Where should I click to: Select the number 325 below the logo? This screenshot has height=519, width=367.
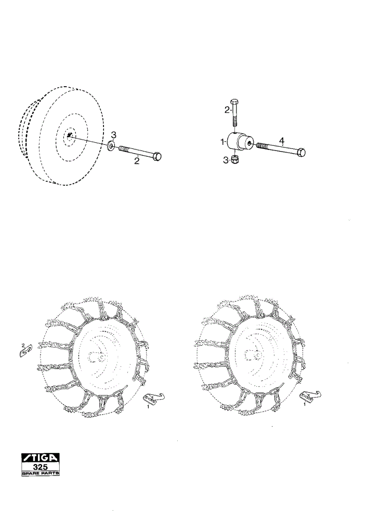41,467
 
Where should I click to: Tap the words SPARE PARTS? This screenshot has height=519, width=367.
41,473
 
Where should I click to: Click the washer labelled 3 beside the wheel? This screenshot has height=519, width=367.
111,145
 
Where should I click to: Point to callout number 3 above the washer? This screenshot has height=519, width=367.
113,135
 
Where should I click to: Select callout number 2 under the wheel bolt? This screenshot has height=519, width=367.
136,161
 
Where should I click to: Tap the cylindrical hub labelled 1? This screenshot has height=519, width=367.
239,142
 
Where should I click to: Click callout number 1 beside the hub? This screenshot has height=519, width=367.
223,142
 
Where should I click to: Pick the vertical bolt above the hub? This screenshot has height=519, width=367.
235,113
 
